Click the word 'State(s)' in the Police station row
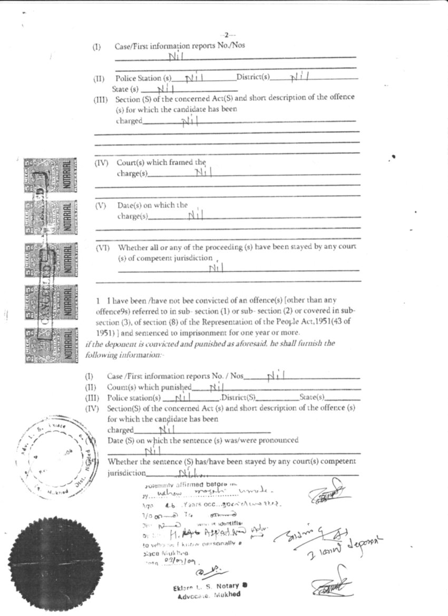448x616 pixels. (311, 397)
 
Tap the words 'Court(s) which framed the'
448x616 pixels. (162, 163)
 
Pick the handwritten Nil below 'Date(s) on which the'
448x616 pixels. (196, 214)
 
